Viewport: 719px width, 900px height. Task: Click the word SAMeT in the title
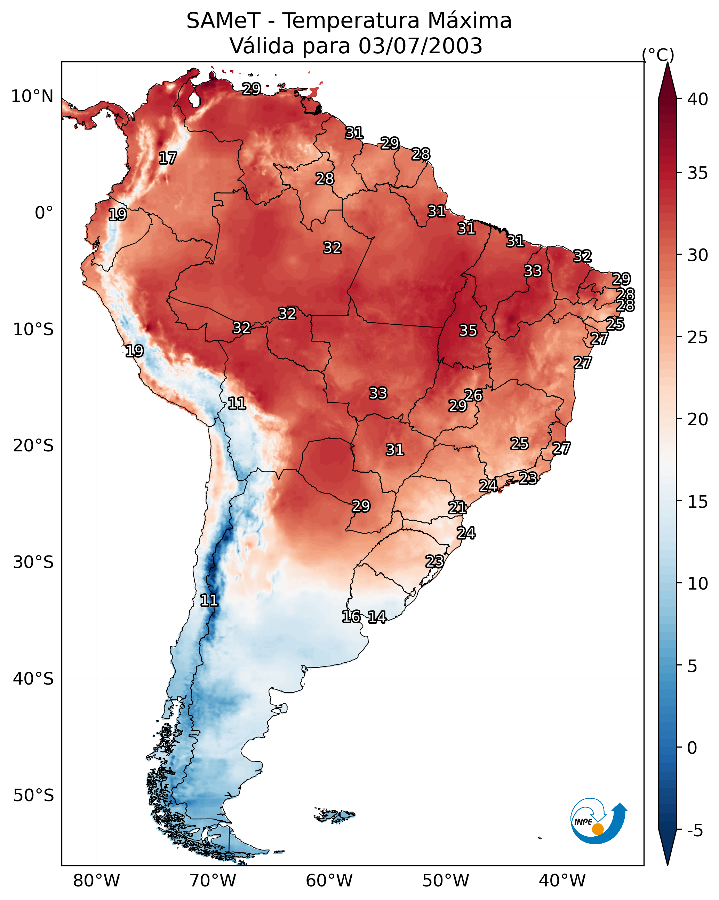click(x=223, y=21)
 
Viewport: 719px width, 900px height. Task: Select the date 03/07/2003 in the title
click(x=420, y=46)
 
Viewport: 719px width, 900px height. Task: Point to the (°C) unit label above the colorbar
click(x=658, y=55)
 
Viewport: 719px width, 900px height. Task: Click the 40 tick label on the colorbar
click(x=698, y=99)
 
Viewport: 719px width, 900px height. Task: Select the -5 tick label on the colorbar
click(x=695, y=831)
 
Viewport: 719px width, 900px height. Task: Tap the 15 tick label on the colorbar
click(x=698, y=502)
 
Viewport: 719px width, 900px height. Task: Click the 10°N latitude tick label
click(x=32, y=96)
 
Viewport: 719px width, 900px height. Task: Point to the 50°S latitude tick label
click(x=33, y=795)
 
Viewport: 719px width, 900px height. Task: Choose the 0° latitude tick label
click(x=44, y=213)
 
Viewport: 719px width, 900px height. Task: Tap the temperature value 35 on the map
click(x=468, y=331)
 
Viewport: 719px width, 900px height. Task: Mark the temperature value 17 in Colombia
click(x=168, y=158)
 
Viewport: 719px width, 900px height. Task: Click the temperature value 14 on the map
click(x=377, y=617)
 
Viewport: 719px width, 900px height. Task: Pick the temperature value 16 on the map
click(x=351, y=617)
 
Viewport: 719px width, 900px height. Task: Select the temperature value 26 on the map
click(x=473, y=395)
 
